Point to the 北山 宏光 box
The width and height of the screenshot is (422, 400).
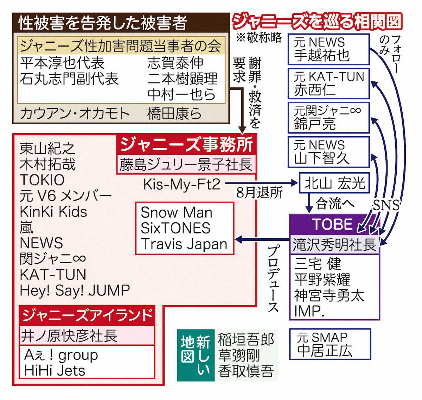tap(330, 183)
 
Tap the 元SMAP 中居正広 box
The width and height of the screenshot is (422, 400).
tap(330, 344)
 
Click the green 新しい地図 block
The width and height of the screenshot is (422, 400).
tap(196, 355)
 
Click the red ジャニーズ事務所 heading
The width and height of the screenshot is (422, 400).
tap(186, 144)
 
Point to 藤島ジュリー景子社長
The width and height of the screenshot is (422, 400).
tap(186, 165)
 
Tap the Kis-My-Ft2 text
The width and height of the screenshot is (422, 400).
tap(182, 184)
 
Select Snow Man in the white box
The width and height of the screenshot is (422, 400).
tap(177, 213)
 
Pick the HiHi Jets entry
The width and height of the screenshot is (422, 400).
tap(55, 370)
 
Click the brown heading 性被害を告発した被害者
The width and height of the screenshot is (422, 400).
tap(102, 23)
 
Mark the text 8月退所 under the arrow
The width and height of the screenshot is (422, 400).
tap(260, 193)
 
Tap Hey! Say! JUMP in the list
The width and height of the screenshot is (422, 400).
tap(75, 290)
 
